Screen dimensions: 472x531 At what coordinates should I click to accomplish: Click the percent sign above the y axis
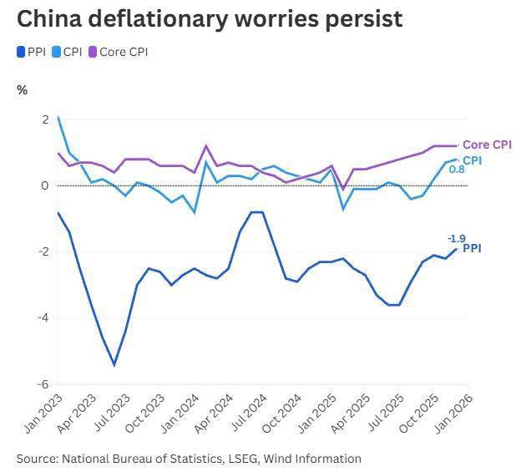click(x=23, y=89)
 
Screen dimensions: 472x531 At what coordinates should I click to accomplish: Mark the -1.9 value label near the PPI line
click(x=457, y=238)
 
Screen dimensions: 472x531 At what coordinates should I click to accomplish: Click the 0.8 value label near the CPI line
click(x=457, y=170)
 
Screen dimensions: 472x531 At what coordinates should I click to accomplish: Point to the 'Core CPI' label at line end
click(x=487, y=145)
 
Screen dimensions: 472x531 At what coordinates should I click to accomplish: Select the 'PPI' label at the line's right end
click(x=472, y=248)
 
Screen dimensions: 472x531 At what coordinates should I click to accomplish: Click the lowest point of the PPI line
click(x=114, y=365)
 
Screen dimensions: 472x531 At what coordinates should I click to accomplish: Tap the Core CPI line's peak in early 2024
click(x=205, y=146)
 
